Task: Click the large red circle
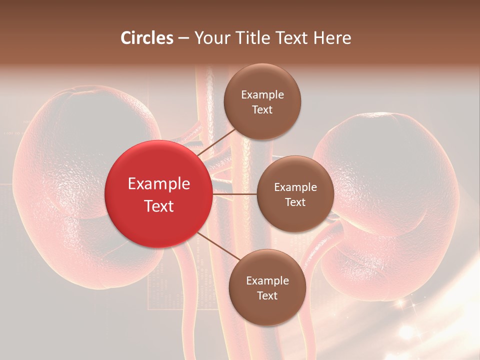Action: point(158,194)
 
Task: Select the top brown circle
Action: point(262,101)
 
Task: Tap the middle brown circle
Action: point(295,194)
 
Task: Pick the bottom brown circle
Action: point(267,287)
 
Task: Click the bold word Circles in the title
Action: point(147,38)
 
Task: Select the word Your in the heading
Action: point(211,38)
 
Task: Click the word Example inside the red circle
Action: point(158,184)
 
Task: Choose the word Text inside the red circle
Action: point(158,206)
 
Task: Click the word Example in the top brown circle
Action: point(262,95)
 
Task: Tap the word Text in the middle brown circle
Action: point(295,202)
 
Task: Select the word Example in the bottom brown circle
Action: point(267,281)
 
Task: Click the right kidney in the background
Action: point(395,200)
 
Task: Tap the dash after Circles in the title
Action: point(183,38)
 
